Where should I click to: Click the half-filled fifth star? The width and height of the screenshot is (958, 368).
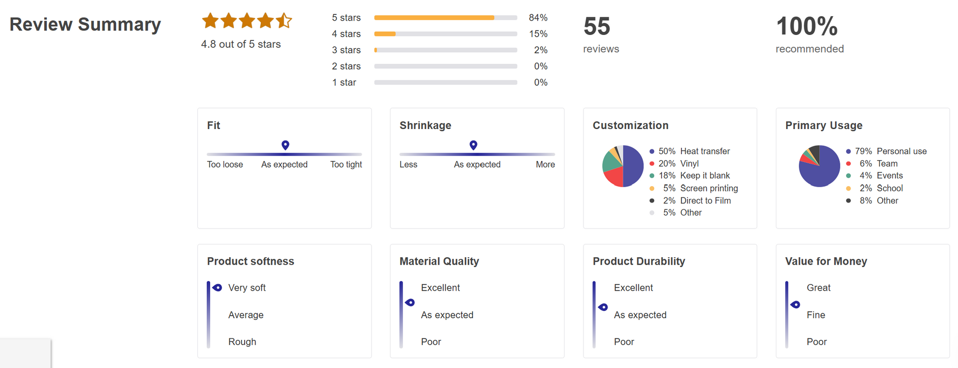284,21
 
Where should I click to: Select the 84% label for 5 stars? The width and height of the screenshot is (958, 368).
538,18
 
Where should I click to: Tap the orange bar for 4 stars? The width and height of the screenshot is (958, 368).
385,34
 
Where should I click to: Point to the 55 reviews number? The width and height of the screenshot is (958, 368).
597,26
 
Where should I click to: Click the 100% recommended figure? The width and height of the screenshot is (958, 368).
806,26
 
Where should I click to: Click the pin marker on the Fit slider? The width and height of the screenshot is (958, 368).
285,145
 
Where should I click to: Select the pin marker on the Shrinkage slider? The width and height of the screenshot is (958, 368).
473,145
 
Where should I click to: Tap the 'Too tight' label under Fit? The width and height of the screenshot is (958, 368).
346,165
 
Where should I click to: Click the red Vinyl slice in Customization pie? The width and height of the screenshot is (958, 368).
613,178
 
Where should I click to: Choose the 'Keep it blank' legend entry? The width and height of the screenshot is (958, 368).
704,176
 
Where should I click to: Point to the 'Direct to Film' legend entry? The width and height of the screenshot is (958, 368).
705,201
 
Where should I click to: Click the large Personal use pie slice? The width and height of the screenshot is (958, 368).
821,170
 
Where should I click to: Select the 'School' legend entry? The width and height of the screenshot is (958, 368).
890,188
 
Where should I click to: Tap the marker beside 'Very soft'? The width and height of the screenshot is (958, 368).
217,288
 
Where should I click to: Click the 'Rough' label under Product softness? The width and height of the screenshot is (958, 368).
242,342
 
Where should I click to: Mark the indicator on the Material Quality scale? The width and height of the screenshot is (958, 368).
410,302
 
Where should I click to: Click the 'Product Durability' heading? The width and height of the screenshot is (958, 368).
639,262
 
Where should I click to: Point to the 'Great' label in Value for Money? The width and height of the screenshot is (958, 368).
818,288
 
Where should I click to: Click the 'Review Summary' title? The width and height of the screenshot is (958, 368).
85,25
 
